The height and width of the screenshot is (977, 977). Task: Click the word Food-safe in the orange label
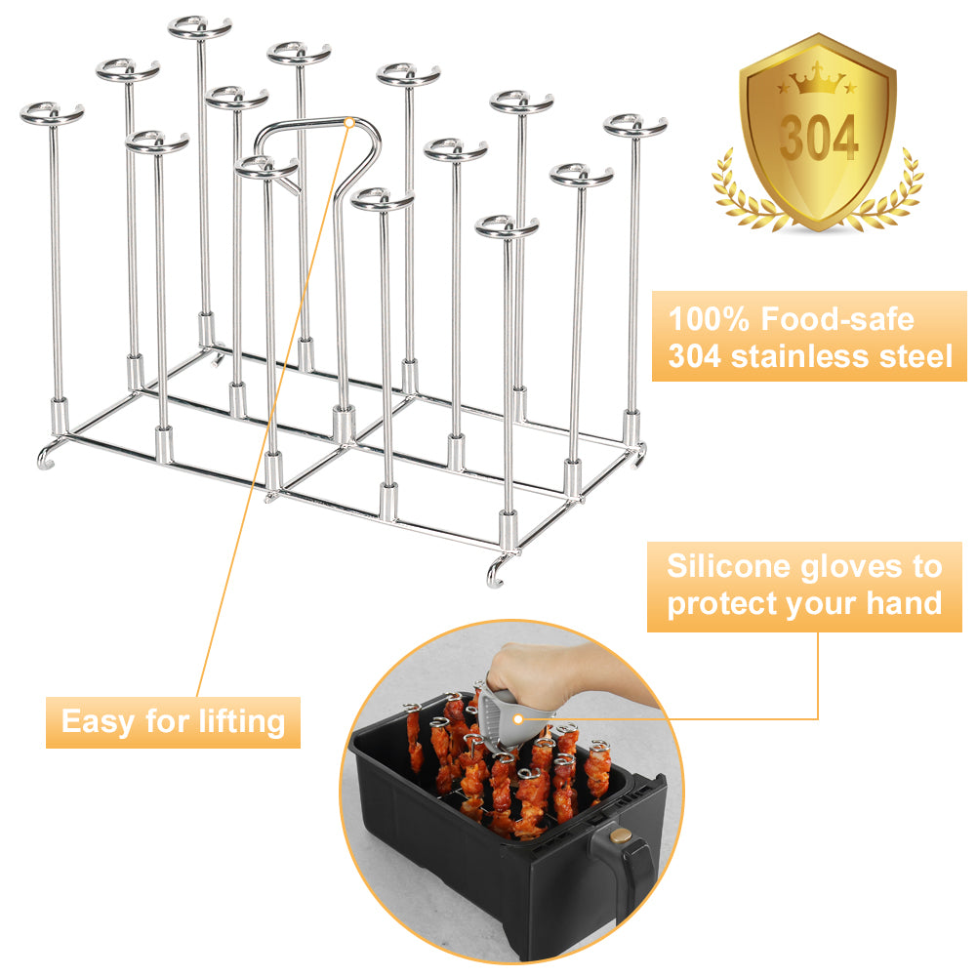837,319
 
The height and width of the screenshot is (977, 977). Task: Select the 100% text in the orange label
709,319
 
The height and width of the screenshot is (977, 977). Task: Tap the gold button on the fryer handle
620,835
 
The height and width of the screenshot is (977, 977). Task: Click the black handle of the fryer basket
625,863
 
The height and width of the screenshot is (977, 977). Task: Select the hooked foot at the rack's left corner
48,455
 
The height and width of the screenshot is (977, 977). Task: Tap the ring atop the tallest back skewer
199,28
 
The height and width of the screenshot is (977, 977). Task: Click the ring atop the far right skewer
635,126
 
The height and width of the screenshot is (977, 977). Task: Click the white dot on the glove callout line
518,719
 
